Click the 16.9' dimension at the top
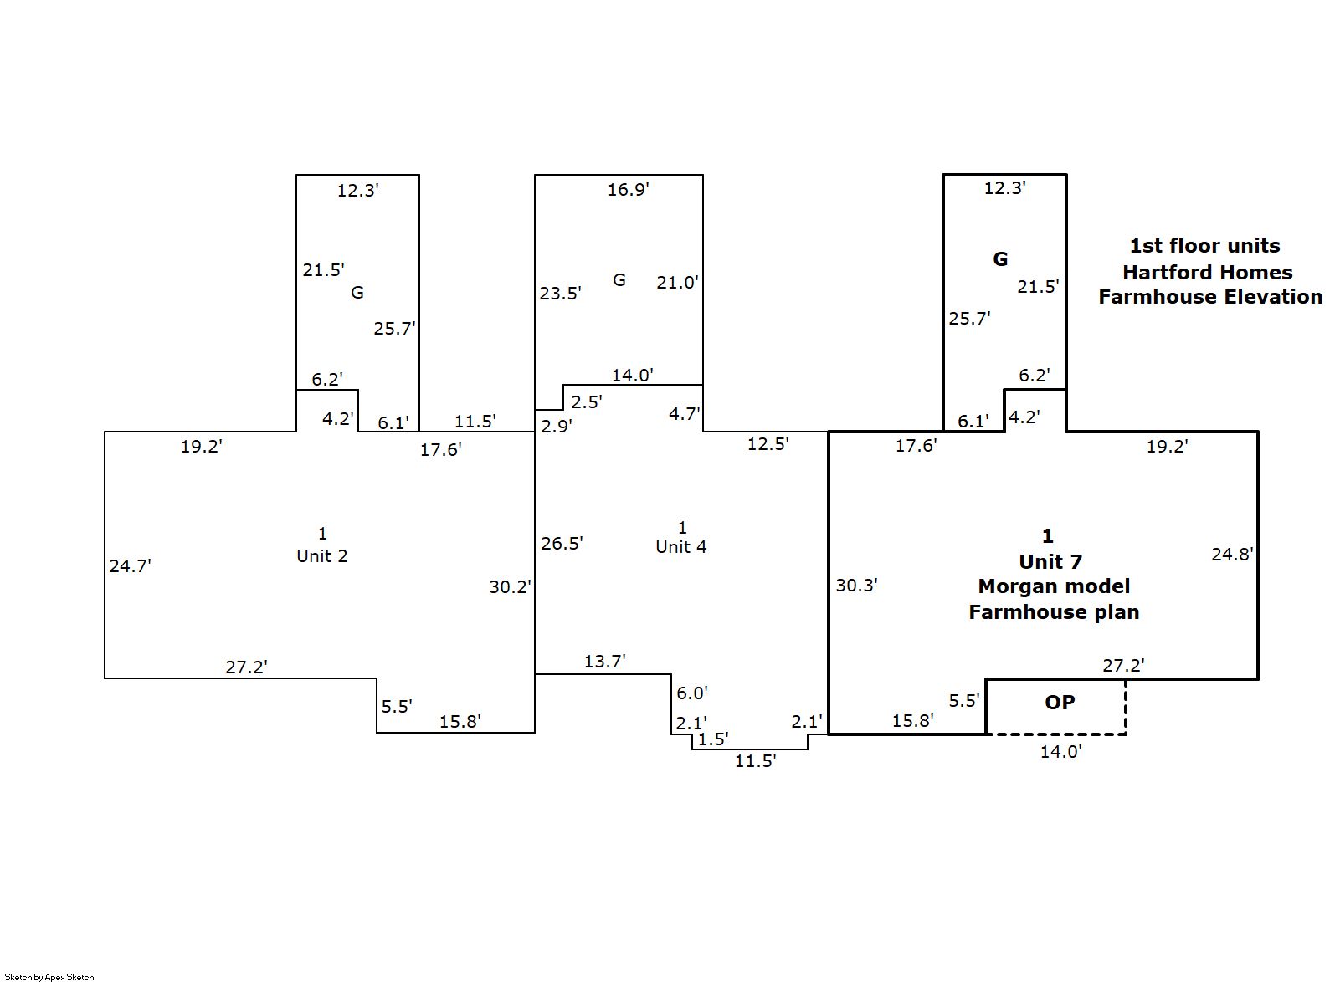pos(628,190)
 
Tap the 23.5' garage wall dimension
pos(560,294)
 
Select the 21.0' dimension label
pos(677,283)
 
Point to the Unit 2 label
pos(322,556)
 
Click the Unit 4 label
pos(680,547)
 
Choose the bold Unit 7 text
pos(1050,561)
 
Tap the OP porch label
pos(1060,703)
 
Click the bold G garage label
pos(1000,259)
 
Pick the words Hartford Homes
pos(1207,273)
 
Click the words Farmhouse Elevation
pos(1210,297)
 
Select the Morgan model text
pos(1054,586)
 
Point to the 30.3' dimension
pos(856,586)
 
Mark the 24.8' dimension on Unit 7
pos(1232,554)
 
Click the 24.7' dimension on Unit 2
pos(130,566)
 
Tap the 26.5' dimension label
pos(562,544)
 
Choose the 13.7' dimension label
pos(604,662)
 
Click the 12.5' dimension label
pos(768,444)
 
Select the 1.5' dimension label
pos(713,739)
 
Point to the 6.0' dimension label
pos(692,693)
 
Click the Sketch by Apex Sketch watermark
pos(49,977)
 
